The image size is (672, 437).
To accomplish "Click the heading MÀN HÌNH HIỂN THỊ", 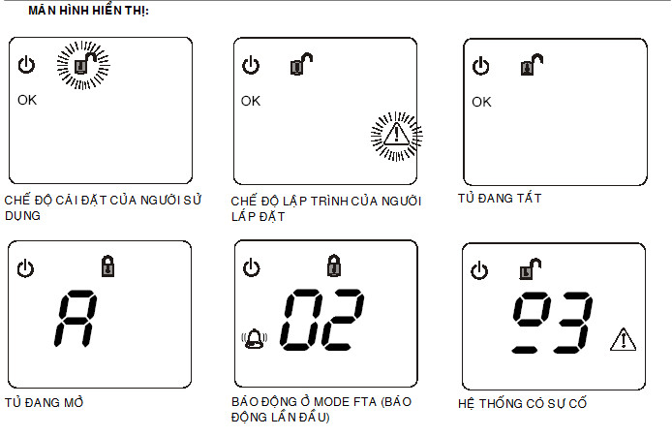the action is (89, 11).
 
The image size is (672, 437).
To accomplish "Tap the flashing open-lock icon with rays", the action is (83, 65).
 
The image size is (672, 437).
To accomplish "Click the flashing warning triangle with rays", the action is (396, 136).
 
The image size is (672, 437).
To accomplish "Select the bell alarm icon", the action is (254, 339).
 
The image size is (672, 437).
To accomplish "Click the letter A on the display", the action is (76, 318).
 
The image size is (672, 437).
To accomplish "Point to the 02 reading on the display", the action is (321, 320).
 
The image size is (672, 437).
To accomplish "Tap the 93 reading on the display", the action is (553, 322).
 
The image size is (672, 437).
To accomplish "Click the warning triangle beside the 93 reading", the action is (624, 340).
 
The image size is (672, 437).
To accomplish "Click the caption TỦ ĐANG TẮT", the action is (500, 198).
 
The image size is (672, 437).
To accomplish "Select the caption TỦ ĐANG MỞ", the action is (45, 402).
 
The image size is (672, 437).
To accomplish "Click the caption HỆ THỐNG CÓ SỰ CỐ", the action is (522, 403).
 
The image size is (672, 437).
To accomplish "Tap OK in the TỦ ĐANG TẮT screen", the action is (481, 102).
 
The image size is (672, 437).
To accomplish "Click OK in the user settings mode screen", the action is (27, 100).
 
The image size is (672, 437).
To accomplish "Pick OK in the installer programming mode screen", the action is (251, 101).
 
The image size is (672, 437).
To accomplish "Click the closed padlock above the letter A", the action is (108, 265).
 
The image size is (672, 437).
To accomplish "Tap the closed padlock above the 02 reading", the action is (334, 265).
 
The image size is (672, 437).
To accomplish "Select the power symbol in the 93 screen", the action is (479, 270).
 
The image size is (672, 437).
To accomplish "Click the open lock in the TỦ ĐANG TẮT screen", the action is (532, 65).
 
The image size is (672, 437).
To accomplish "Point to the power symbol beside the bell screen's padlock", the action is (251, 267).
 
